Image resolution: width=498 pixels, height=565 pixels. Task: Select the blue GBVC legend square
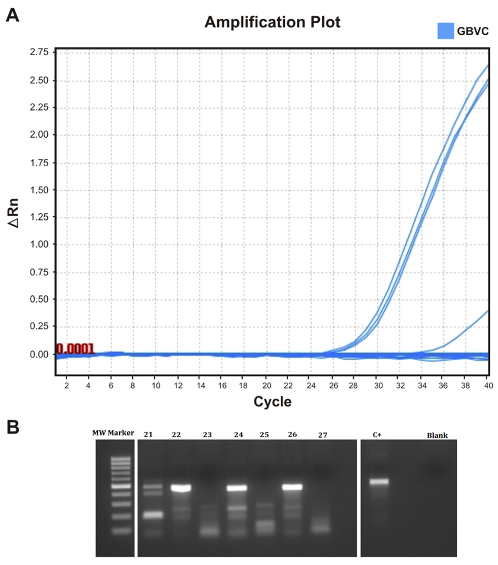click(x=445, y=31)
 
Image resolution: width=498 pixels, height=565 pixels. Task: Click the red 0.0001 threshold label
click(x=75, y=349)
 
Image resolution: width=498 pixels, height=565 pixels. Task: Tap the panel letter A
click(x=13, y=16)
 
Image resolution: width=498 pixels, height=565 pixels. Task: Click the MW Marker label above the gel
click(x=113, y=433)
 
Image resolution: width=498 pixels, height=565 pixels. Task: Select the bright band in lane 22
click(x=181, y=488)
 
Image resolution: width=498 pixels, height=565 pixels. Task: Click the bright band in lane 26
click(x=292, y=487)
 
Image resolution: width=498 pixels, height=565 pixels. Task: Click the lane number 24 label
click(x=238, y=435)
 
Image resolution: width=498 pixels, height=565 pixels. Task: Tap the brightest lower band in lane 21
click(x=153, y=515)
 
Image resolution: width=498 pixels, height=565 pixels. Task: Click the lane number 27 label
click(x=322, y=435)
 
